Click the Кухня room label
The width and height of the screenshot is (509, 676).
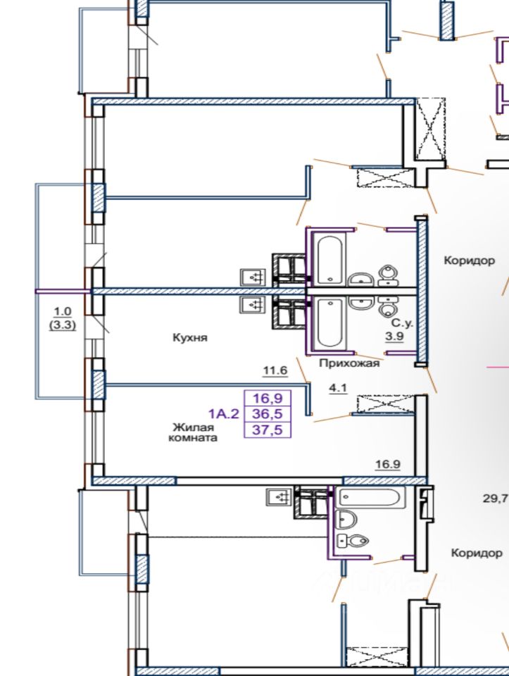click(190, 337)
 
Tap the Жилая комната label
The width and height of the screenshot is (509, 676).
click(193, 433)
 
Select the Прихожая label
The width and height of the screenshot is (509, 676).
click(349, 363)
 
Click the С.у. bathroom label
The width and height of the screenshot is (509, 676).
click(402, 323)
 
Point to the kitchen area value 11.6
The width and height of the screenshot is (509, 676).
click(275, 370)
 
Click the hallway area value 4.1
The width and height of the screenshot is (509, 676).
click(338, 388)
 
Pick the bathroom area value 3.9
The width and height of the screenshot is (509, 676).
click(394, 336)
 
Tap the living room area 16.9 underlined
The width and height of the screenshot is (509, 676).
click(387, 464)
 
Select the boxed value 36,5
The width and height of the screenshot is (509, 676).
click(268, 414)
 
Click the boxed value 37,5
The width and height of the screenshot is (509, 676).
click(268, 430)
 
